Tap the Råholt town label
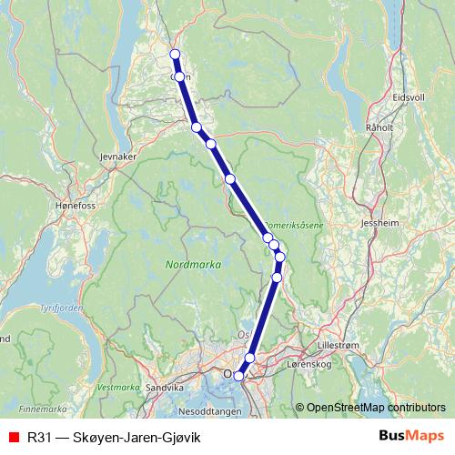pos(379,127)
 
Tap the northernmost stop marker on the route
pos(175,55)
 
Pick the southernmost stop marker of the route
pos(239,376)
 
